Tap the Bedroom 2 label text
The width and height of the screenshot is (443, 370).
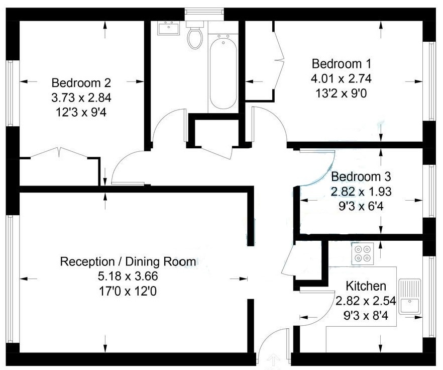point(81,82)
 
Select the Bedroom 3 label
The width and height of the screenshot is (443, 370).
point(361,177)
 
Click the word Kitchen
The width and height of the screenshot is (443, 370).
point(366,287)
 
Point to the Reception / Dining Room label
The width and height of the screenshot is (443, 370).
point(128,262)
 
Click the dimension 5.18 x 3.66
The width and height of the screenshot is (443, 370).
point(128,276)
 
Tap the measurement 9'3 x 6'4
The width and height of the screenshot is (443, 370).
point(361,205)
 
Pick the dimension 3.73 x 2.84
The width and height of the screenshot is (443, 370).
point(81,97)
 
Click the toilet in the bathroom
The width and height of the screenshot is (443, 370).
point(194,35)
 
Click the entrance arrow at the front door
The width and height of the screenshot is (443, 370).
point(274,361)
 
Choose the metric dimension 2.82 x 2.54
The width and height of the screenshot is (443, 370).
point(366,301)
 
